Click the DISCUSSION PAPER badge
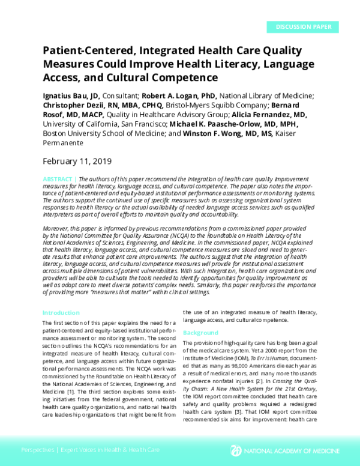303,27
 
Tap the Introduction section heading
61,313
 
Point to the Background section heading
200,333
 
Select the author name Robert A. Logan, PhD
178,95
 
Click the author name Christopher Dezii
77,105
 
